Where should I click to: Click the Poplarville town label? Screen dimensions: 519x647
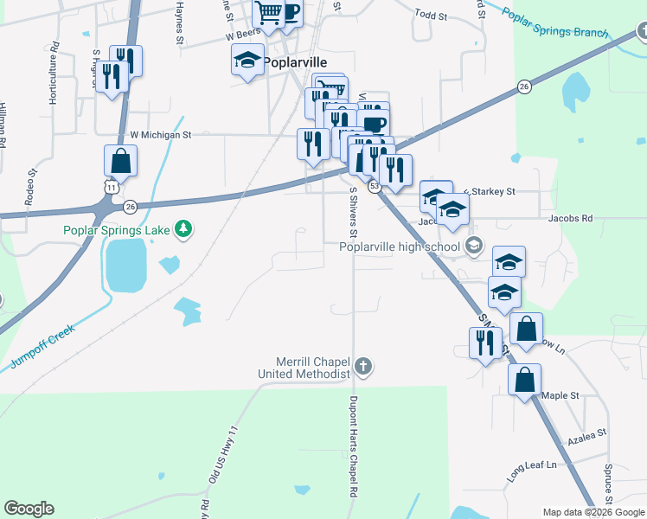coord(296,62)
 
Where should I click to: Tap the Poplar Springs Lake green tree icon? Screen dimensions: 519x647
coord(183,229)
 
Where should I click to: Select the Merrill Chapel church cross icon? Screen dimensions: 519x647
coord(363,366)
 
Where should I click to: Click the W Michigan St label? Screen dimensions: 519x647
coord(160,135)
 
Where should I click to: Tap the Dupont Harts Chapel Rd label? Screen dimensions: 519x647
coord(353,445)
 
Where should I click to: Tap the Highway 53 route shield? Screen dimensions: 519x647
coord(375,186)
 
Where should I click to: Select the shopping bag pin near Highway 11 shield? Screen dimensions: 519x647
coord(120,161)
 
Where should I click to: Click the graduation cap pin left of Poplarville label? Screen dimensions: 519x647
coord(247,61)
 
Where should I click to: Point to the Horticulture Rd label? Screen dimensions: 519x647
coord(54,74)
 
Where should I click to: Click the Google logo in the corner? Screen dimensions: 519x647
coord(29,509)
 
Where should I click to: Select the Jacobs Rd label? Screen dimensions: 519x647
coord(570,219)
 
